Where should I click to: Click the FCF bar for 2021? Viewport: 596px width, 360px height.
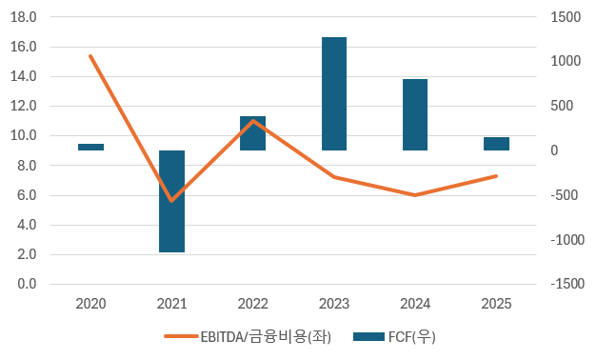(171, 201)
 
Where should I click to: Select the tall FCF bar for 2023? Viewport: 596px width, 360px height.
(333, 93)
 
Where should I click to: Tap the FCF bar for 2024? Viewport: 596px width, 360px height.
(415, 114)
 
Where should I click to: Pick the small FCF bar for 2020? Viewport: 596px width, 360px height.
(90, 147)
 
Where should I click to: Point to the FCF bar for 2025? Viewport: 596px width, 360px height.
(496, 144)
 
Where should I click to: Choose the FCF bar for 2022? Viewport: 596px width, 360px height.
(252, 133)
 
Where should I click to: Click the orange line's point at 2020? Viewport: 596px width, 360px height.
(90, 56)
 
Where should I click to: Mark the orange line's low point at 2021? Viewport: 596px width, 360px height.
(171, 201)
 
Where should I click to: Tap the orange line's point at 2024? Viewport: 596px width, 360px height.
(415, 195)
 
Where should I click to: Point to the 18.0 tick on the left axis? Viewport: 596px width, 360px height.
(25, 17)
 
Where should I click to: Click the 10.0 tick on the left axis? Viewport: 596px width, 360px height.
(25, 136)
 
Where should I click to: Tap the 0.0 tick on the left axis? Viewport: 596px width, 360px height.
(27, 284)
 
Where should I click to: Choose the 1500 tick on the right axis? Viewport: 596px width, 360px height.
(566, 17)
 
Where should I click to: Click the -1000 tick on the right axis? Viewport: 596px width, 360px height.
(562, 240)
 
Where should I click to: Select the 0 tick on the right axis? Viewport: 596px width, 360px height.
(554, 150)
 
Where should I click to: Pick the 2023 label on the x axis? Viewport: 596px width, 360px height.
(333, 304)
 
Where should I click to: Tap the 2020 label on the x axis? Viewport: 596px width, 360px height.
(90, 304)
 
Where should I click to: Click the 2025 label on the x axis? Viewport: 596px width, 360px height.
(496, 304)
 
